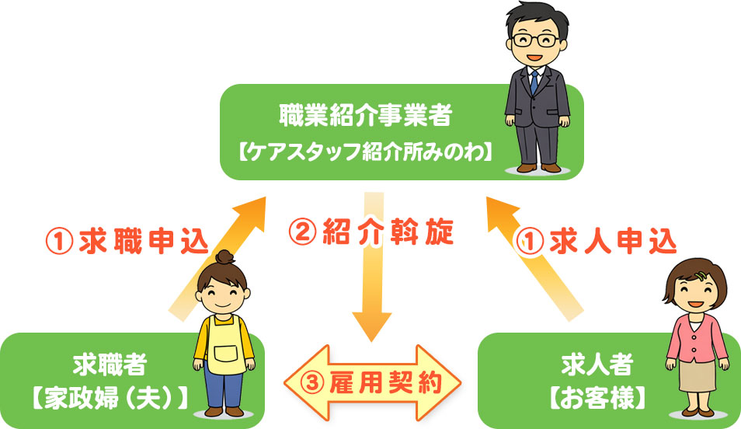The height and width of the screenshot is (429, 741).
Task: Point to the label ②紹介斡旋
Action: [370, 232]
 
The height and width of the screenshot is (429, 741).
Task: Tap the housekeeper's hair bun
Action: [225, 257]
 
